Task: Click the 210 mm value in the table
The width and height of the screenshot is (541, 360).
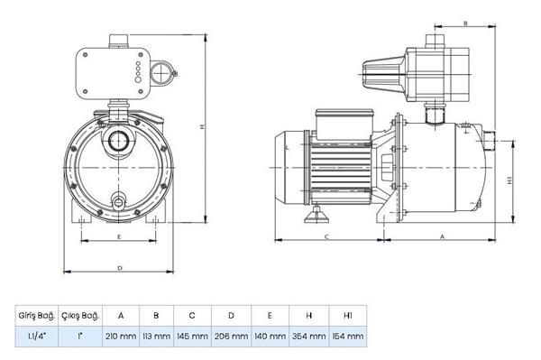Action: click(120, 337)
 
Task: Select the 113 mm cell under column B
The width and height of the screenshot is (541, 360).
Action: click(156, 337)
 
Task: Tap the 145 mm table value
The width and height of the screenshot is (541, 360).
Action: click(192, 337)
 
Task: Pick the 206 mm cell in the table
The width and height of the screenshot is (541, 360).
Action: click(230, 337)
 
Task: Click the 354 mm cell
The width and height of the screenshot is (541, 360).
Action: click(307, 337)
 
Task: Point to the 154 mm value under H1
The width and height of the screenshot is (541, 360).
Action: click(346, 337)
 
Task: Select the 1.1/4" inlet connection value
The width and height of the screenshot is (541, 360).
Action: click(36, 337)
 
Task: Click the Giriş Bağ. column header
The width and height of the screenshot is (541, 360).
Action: click(36, 315)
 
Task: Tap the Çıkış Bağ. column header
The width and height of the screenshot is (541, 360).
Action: click(79, 315)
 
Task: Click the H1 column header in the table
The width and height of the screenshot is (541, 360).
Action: click(346, 315)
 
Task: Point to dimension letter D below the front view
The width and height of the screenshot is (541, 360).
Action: click(119, 268)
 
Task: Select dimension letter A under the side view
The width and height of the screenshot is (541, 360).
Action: click(442, 235)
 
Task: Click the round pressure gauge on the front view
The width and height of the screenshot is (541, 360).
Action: click(161, 73)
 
